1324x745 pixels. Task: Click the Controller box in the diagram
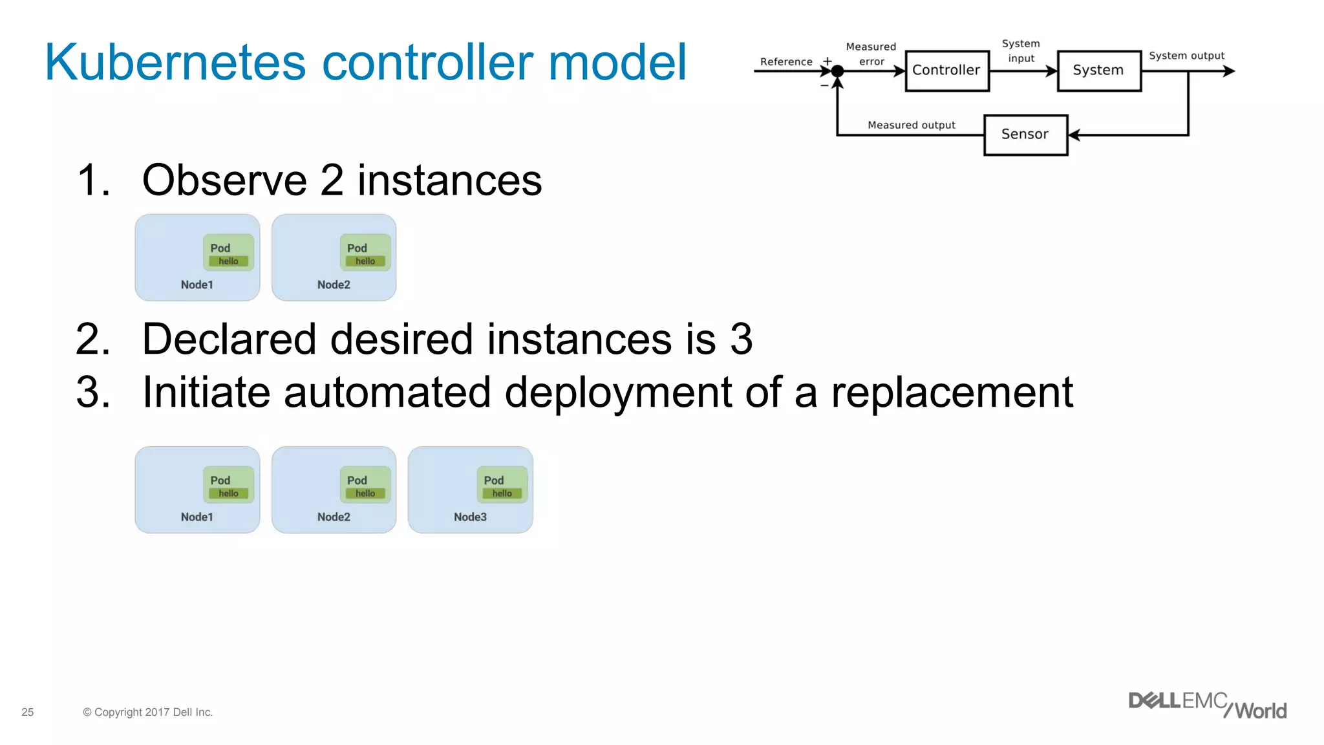(946, 70)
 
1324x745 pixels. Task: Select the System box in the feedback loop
(1098, 70)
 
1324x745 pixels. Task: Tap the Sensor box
(1025, 135)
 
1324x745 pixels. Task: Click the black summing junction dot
(837, 71)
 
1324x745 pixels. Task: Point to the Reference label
(786, 61)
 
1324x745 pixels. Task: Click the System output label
(1186, 56)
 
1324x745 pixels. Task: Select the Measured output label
(911, 125)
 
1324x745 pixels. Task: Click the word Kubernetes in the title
(175, 63)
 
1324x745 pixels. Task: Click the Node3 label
(470, 517)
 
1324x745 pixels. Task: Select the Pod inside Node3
(502, 484)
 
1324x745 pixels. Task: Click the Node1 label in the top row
(197, 285)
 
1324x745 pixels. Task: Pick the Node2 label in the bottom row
(334, 517)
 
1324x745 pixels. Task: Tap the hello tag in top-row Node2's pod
(365, 261)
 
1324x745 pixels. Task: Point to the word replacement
(952, 392)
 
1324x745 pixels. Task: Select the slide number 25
(28, 712)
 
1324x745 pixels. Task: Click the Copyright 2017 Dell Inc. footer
(148, 712)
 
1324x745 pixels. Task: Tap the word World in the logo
(1261, 711)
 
